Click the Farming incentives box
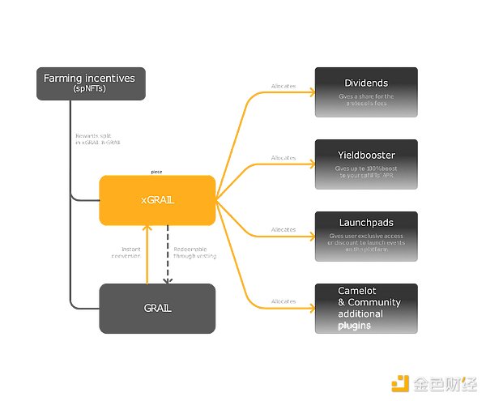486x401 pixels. click(x=91, y=83)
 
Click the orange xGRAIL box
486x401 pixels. click(x=157, y=200)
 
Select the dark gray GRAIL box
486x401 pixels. click(x=157, y=308)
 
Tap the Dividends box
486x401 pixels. click(x=365, y=91)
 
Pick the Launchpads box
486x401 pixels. click(x=365, y=236)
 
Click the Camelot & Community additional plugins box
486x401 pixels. click(x=365, y=308)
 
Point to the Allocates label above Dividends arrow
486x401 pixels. click(x=283, y=86)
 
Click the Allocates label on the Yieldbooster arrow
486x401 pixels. click(x=283, y=158)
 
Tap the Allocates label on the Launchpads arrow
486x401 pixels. click(x=283, y=230)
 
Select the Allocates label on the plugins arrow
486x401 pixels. click(x=283, y=302)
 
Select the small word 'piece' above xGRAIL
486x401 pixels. click(x=157, y=172)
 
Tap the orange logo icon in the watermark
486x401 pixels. click(x=399, y=382)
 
